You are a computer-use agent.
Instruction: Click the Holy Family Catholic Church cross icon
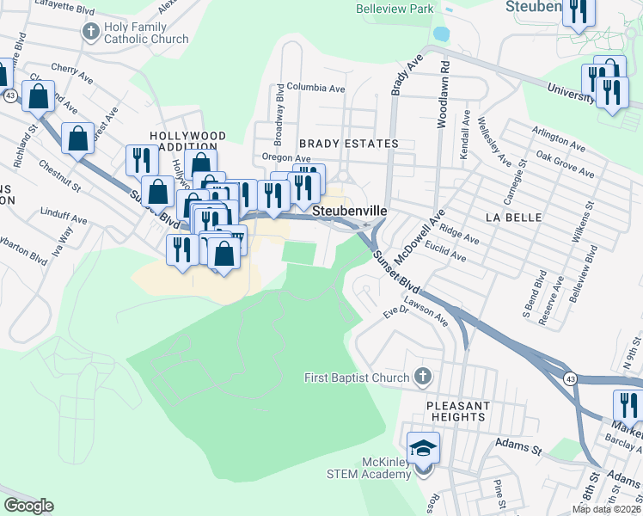point(90,33)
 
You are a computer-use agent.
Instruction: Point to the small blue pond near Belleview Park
point(441,34)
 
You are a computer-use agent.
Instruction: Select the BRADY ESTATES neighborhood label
point(348,144)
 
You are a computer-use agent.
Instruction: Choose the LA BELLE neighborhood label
point(513,218)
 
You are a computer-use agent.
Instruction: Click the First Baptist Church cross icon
point(422,376)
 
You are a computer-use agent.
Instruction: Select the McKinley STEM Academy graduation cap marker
point(423,447)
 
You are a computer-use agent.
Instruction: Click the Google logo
point(28,506)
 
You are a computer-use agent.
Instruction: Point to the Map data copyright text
point(607,509)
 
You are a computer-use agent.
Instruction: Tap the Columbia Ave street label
point(315,88)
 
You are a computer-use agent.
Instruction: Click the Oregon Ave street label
point(286,158)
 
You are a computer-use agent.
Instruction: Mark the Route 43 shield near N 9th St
point(571,378)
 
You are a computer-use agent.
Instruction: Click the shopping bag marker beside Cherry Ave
point(39,98)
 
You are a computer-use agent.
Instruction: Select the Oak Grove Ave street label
point(565,163)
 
